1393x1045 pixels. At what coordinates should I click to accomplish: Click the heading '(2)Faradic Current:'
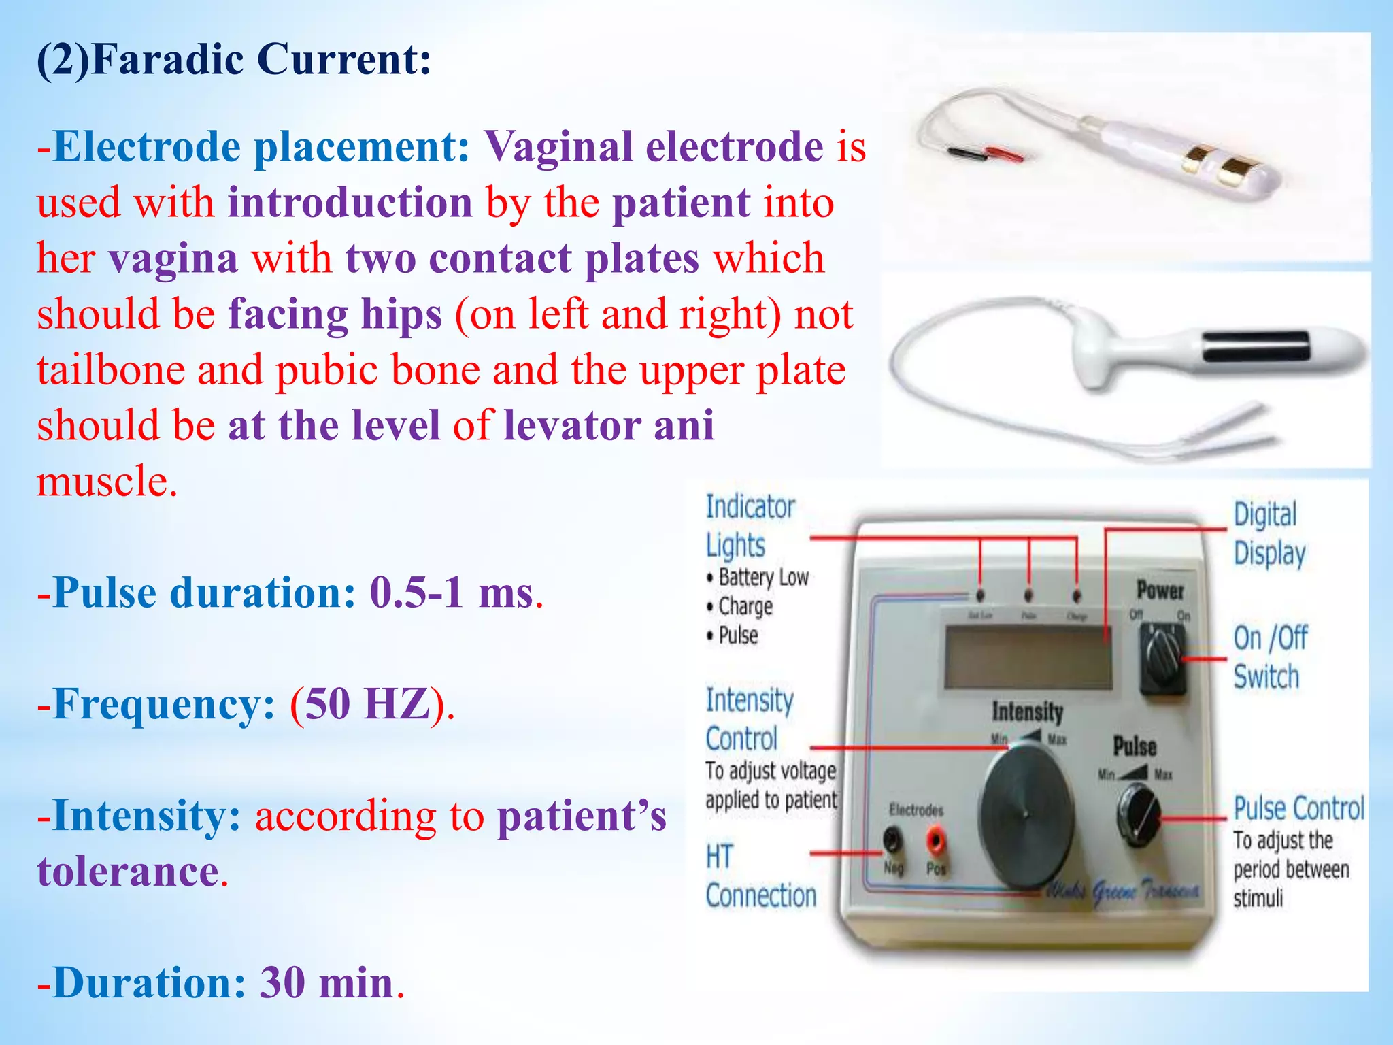[x=233, y=60]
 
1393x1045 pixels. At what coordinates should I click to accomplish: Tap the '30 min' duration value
[x=327, y=983]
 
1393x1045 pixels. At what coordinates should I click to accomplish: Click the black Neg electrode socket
[x=892, y=841]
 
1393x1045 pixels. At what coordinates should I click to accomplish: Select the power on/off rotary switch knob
[x=1163, y=656]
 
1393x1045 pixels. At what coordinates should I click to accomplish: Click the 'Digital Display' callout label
[x=1269, y=534]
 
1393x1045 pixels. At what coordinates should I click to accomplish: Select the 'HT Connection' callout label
[x=760, y=876]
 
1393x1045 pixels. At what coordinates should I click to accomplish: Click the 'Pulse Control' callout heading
[x=1298, y=809]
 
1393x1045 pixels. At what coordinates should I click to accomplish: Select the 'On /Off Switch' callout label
[x=1269, y=657]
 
